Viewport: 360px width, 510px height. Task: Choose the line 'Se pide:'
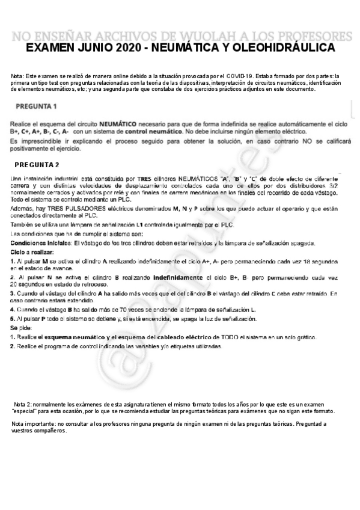pyautogui.click(x=22, y=328)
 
